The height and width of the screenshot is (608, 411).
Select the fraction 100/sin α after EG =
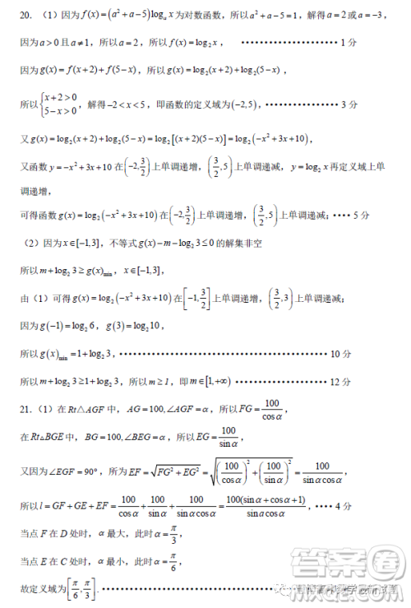click(228, 437)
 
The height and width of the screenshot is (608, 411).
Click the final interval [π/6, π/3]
click(81, 590)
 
